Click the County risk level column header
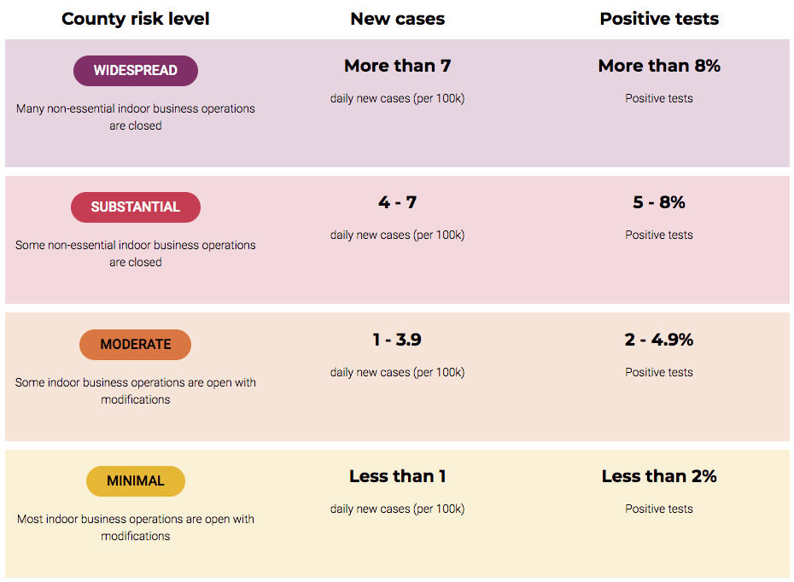pos(135,19)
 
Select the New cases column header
pos(398,19)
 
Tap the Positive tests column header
pos(659,19)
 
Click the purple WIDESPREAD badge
pos(136,70)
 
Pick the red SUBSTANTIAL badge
pos(136,207)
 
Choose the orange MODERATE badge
pos(135,345)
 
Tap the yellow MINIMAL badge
pos(136,480)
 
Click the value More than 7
pos(398,66)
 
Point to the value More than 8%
pos(659,66)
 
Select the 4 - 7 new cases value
pos(398,202)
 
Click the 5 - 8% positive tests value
pos(659,202)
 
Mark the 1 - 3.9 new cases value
pos(397,340)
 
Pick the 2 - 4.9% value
pos(659,340)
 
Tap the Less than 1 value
pos(398,476)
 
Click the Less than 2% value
pos(659,476)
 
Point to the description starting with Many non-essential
pos(136,117)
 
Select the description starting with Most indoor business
pos(136,527)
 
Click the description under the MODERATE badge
pos(136,391)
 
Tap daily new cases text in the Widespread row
pos(398,99)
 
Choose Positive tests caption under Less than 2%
pos(659,509)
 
